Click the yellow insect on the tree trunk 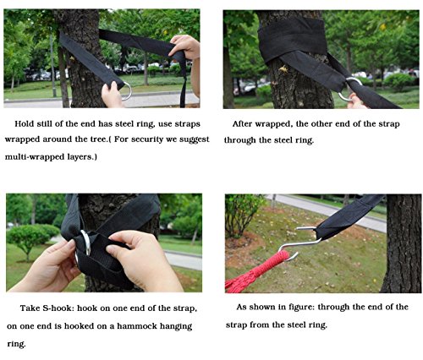click(283, 69)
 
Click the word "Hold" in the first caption click(25, 124)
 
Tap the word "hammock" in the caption click(137, 326)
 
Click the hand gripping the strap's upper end click(184, 47)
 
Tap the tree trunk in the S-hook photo click(402, 243)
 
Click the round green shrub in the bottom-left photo click(28, 237)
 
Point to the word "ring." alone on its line click(16, 344)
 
